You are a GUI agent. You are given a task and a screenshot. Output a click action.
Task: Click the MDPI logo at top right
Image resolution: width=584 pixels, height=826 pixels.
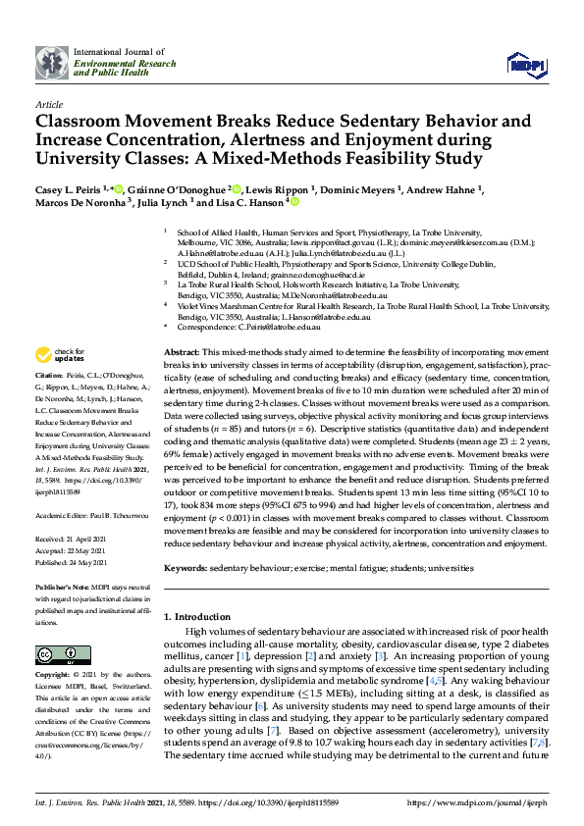[x=524, y=65]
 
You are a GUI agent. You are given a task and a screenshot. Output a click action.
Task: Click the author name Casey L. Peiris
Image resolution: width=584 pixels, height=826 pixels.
[x=73, y=189]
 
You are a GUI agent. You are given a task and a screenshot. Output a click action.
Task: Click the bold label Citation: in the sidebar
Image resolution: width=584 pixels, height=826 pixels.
[x=50, y=376]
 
